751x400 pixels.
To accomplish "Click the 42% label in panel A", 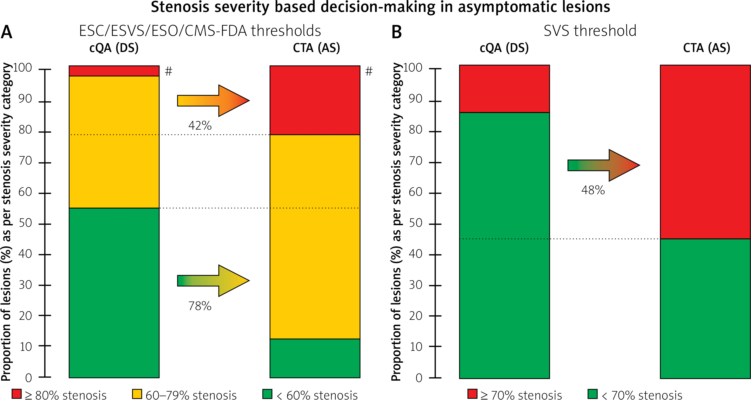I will pyautogui.click(x=200, y=126).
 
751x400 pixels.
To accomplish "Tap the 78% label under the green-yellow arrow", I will pyautogui.click(x=200, y=306).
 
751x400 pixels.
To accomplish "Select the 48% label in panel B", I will pyautogui.click(x=593, y=190).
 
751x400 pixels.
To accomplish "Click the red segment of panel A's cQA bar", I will pyautogui.click(x=114, y=71).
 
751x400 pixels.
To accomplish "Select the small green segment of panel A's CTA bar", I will pyautogui.click(x=315, y=358).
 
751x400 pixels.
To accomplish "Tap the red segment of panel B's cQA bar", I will pyautogui.click(x=504, y=89).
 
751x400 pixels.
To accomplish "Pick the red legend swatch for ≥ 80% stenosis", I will pyautogui.click(x=17, y=394).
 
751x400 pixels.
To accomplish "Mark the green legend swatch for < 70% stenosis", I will pyautogui.click(x=592, y=394).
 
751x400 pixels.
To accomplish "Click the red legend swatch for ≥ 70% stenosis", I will pyautogui.click(x=472, y=394).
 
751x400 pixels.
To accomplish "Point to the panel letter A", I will pyautogui.click(x=7, y=32).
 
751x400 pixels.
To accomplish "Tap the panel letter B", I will pyautogui.click(x=396, y=32).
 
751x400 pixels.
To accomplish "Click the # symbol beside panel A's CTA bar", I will pyautogui.click(x=369, y=71).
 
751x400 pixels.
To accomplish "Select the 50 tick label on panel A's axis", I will pyautogui.click(x=25, y=223).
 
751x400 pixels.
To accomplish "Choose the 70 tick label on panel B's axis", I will pyautogui.click(x=415, y=161).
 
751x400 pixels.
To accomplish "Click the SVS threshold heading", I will pyautogui.click(x=590, y=31).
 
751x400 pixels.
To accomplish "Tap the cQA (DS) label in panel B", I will pyautogui.click(x=504, y=48).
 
